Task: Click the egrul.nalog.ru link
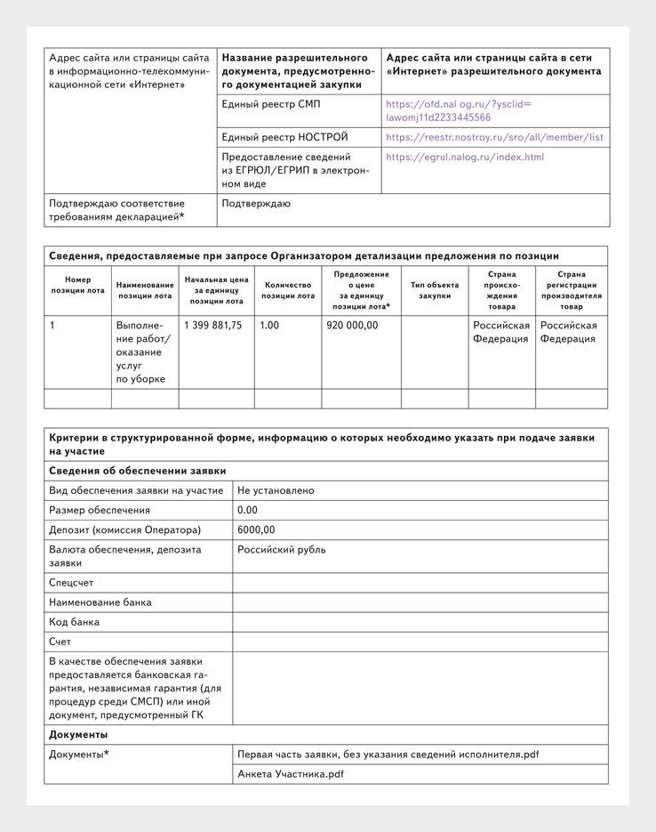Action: (465, 158)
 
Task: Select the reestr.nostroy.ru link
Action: (494, 138)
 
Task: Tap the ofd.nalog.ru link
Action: (459, 111)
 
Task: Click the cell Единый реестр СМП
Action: (271, 105)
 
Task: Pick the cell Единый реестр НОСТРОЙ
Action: (284, 138)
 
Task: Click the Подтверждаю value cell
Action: (256, 204)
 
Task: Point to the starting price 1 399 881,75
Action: (213, 326)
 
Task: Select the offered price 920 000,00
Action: (352, 326)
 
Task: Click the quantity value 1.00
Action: (269, 326)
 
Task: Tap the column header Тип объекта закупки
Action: (435, 290)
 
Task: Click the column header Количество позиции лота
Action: (288, 290)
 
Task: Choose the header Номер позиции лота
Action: (77, 285)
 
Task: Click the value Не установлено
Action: (276, 490)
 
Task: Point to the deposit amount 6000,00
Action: (257, 530)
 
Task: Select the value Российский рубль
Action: (281, 550)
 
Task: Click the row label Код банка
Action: (75, 622)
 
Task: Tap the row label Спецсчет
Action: (72, 583)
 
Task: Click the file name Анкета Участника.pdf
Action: (291, 774)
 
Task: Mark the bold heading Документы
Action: (78, 735)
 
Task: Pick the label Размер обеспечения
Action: (100, 511)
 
